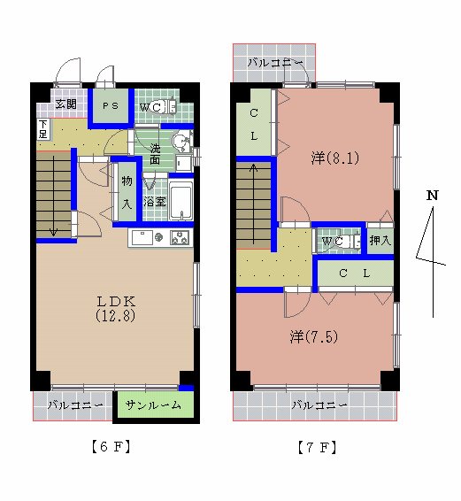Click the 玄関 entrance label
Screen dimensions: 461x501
click(65, 104)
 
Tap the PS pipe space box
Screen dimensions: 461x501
click(111, 105)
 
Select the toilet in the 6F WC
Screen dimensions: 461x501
click(164, 107)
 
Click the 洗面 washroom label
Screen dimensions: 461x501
click(155, 154)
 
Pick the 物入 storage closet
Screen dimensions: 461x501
click(127, 191)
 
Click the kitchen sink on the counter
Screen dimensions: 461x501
click(142, 237)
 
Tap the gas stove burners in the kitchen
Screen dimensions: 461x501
click(180, 237)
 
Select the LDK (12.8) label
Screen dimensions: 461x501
click(115, 309)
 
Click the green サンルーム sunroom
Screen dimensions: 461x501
click(156, 405)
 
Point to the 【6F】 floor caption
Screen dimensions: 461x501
click(111, 446)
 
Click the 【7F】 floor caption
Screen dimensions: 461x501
click(317, 447)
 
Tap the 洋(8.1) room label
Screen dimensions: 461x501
click(335, 158)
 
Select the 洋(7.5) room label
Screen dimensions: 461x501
click(314, 336)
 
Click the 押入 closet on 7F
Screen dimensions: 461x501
click(380, 241)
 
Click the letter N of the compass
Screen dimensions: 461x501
click(433, 195)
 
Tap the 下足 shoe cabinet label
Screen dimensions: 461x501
click(43, 129)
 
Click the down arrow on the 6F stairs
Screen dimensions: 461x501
click(53, 196)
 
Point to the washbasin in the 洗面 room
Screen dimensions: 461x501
click(181, 142)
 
